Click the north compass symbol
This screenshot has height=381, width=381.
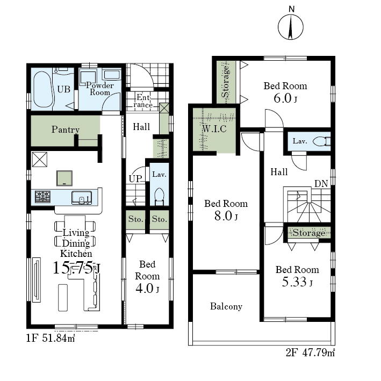(x=290, y=27)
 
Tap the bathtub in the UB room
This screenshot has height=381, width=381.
(x=43, y=89)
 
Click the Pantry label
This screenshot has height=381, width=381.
(x=66, y=130)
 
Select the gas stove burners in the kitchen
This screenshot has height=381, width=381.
(x=42, y=197)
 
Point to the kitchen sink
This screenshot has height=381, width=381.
(x=82, y=198)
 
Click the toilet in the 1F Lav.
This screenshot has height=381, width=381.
(x=160, y=196)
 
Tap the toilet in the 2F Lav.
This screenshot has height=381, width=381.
(x=321, y=141)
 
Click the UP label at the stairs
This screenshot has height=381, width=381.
(x=135, y=179)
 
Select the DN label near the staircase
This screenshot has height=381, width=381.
(x=321, y=184)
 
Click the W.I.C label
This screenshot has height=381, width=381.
(x=214, y=128)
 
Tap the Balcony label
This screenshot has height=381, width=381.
(x=226, y=306)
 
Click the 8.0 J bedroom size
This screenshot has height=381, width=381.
(x=226, y=216)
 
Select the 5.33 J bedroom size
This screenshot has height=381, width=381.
(x=297, y=282)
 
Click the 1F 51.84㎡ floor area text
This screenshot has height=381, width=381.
(x=51, y=338)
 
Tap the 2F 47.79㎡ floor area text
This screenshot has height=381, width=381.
(x=310, y=353)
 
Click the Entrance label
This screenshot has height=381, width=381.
(x=143, y=101)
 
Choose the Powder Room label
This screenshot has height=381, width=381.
(x=100, y=89)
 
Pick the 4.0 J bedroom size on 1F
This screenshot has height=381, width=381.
(x=147, y=289)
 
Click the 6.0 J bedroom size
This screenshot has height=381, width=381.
(x=285, y=98)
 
